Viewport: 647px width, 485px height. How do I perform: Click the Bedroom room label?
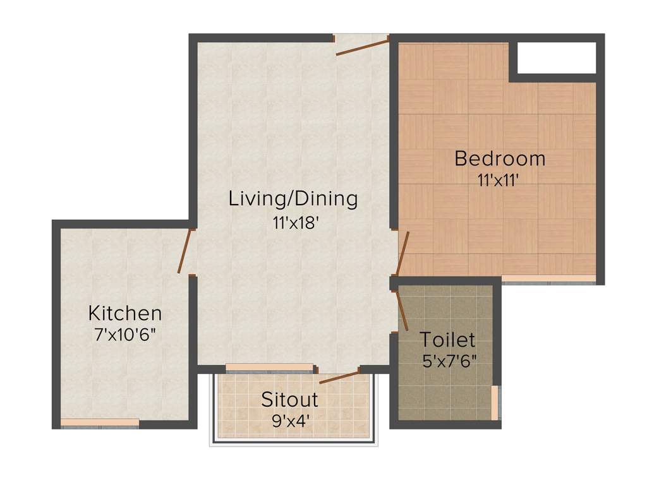499,158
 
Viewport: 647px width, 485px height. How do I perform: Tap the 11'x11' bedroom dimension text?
499,179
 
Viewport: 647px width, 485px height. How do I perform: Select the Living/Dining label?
293,198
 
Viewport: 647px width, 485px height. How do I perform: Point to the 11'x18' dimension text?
293,222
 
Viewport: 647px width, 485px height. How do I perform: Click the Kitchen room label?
124,313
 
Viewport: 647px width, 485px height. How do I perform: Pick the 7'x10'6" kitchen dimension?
124,335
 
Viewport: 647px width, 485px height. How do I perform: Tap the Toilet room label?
447,340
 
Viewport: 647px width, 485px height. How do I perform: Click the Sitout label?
290,399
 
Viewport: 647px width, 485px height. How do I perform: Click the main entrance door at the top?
361,46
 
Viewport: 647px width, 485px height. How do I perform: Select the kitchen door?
184,251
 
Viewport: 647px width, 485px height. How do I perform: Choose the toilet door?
402,309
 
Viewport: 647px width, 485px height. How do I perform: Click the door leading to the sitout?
340,377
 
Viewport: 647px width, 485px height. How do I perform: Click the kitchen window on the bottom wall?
100,423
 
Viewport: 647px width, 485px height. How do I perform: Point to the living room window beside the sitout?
270,368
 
